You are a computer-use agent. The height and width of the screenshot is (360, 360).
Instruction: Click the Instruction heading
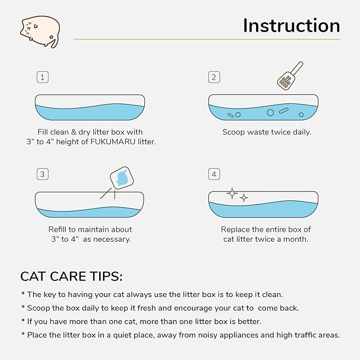pos(291,25)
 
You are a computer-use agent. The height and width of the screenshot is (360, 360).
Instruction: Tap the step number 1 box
pos(43,77)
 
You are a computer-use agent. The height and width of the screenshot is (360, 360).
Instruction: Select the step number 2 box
pos(214,77)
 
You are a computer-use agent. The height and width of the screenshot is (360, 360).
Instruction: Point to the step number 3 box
pos(43,174)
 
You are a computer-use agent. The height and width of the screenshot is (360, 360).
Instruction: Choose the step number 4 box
pos(214,174)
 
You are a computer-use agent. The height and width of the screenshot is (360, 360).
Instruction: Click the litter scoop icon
pos(289,75)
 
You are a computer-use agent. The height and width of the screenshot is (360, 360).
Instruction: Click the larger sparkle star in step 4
pos(232,194)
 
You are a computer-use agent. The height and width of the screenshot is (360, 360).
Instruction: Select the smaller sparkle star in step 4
pos(244,198)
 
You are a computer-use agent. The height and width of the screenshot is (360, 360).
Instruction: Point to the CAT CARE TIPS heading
pos(71,276)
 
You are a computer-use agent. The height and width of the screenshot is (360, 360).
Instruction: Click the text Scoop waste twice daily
pos(266,132)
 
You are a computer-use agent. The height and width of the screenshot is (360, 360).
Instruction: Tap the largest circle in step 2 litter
pos(270,112)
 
